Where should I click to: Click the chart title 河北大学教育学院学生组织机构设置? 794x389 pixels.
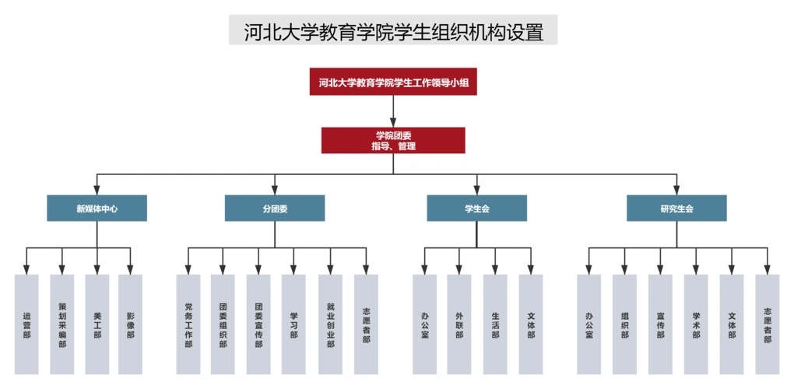click(x=393, y=31)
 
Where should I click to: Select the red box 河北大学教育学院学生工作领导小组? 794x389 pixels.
click(x=393, y=82)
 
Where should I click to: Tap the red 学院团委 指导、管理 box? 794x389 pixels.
click(x=393, y=140)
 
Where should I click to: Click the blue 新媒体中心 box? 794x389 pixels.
click(x=97, y=209)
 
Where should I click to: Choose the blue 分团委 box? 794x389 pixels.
click(x=275, y=209)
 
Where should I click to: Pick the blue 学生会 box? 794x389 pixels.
click(x=476, y=209)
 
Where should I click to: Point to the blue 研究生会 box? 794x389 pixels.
click(x=676, y=209)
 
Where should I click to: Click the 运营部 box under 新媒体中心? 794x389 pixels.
click(x=26, y=324)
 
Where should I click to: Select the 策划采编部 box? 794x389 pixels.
click(x=61, y=324)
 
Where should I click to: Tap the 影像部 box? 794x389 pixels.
click(x=131, y=324)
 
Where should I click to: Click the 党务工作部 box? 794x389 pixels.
click(x=188, y=324)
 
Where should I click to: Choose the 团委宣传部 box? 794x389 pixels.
click(x=258, y=324)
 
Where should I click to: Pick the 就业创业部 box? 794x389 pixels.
click(x=330, y=324)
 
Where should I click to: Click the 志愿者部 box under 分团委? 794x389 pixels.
click(x=366, y=324)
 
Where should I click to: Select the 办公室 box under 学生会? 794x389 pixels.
click(x=424, y=324)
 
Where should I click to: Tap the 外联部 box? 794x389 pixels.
click(x=459, y=324)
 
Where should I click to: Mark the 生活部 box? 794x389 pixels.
click(x=495, y=324)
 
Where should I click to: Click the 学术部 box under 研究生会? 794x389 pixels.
click(x=696, y=324)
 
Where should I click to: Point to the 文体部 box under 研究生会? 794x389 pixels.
click(x=732, y=324)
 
